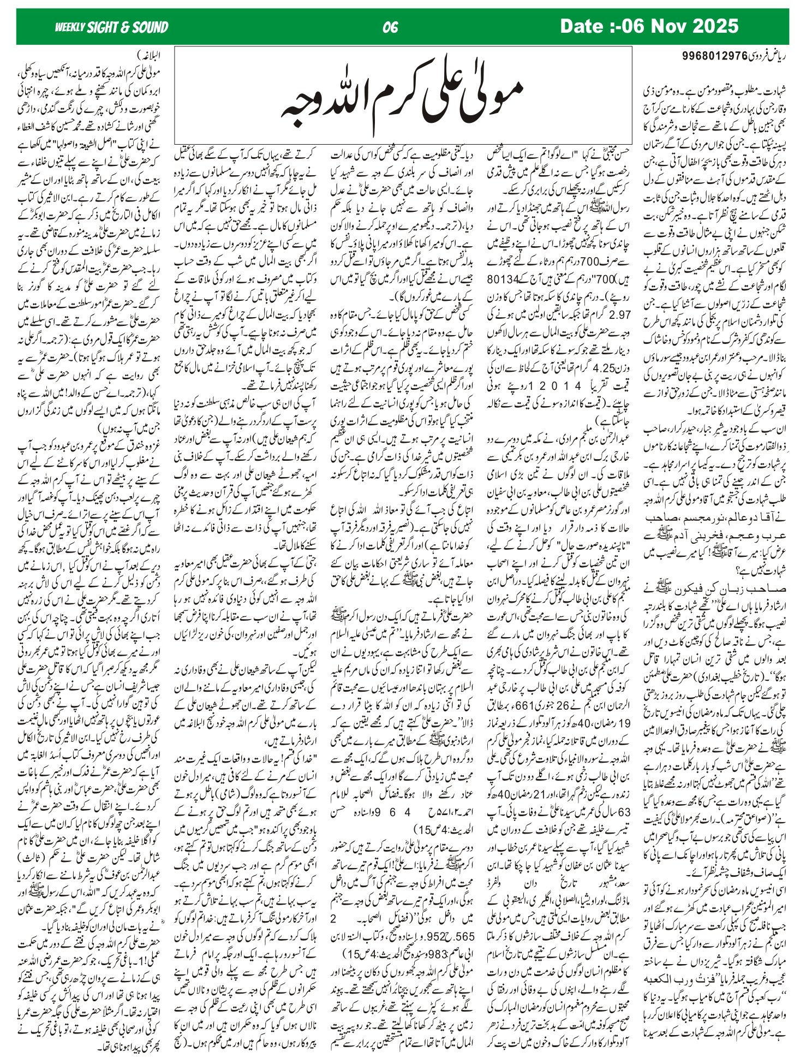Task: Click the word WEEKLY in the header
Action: pos(70,27)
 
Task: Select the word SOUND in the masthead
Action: pos(151,27)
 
